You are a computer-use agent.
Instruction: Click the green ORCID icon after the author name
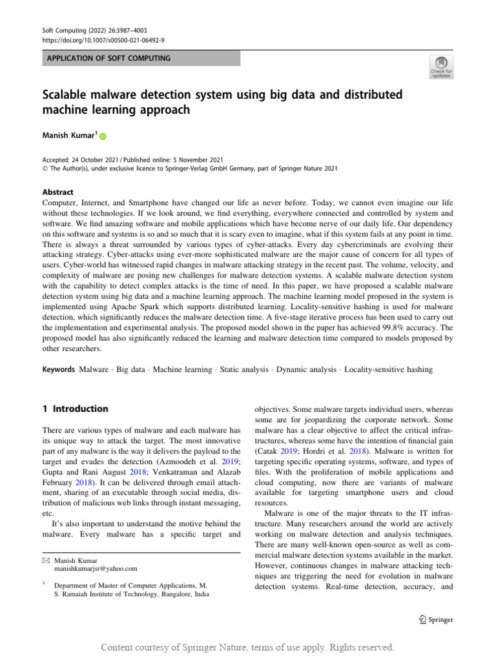(103, 137)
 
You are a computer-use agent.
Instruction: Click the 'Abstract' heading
(57, 192)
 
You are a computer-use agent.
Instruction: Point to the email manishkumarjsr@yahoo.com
(96, 569)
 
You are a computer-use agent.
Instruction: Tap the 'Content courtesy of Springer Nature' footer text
(247, 646)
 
